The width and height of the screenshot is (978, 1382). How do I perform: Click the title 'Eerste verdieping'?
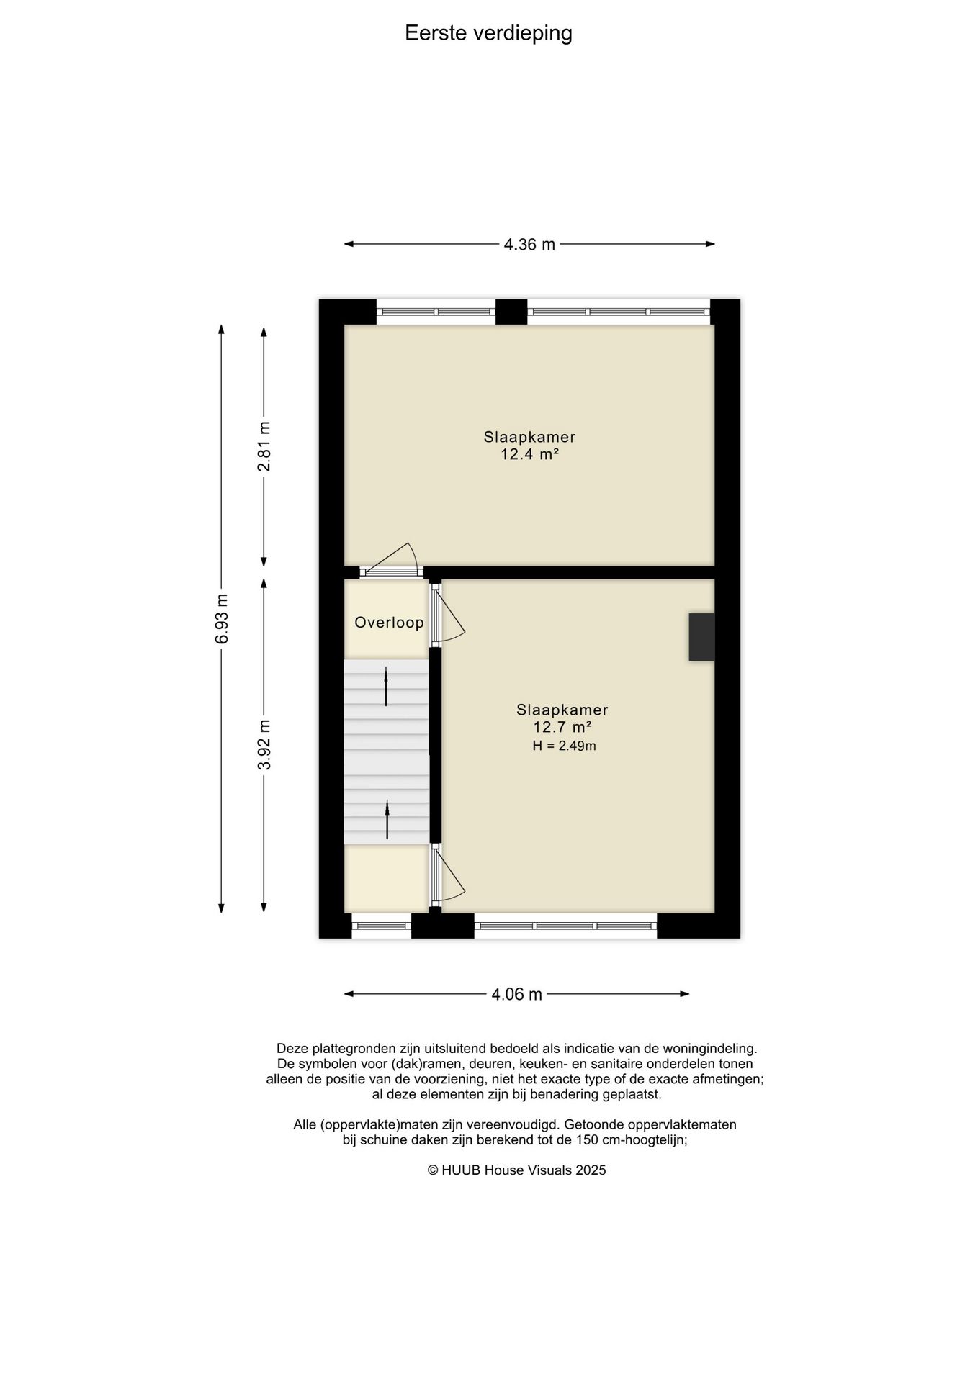(488, 34)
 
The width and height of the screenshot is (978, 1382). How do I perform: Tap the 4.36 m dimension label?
(529, 245)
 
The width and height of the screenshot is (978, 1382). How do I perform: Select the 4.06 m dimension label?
(516, 995)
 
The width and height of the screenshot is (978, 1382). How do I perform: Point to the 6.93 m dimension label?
(222, 619)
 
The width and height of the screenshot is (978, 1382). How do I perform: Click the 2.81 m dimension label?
(264, 446)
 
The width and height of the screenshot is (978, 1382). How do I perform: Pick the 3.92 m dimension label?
(264, 744)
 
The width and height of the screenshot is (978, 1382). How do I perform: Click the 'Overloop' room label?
(389, 623)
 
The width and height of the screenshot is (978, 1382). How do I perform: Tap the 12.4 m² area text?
(530, 454)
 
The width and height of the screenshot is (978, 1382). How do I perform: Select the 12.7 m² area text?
(562, 727)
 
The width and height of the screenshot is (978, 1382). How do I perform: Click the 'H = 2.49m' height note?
(564, 746)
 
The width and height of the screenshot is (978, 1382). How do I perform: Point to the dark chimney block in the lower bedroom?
(701, 637)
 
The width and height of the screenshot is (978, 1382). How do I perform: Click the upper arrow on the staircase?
(386, 686)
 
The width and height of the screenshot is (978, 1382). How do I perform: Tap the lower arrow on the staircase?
(387, 820)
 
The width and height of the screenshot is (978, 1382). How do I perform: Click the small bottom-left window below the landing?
(381, 926)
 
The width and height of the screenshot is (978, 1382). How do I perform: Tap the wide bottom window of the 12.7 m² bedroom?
(565, 926)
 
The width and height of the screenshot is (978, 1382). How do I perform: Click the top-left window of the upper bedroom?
(436, 312)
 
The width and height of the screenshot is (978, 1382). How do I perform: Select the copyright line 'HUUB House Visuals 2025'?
(517, 1170)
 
